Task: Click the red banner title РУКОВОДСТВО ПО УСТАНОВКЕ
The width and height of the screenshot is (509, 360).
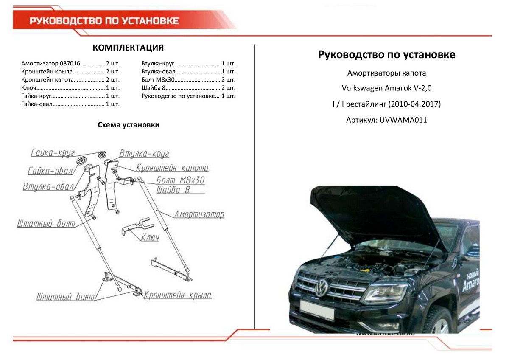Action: tap(104, 21)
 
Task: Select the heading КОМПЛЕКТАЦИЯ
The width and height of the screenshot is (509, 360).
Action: tap(128, 47)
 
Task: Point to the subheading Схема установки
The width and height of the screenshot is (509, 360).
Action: tap(129, 125)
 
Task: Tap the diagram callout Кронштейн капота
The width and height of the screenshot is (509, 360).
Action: tap(172, 168)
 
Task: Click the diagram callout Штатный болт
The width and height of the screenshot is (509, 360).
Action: tap(46, 223)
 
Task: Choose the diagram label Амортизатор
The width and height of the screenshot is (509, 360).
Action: tap(199, 214)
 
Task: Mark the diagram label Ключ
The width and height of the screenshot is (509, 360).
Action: tap(150, 237)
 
